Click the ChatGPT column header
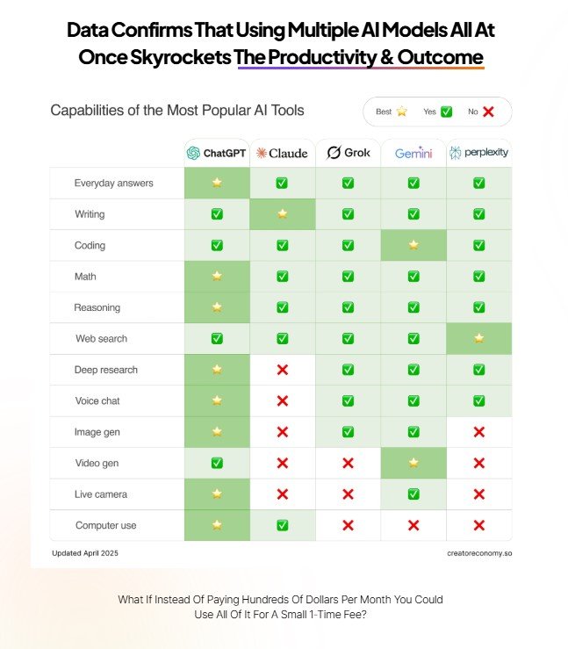[217, 153]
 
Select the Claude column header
[282, 153]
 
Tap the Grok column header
[348, 153]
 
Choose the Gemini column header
[413, 153]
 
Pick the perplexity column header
[478, 153]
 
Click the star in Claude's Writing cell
[282, 214]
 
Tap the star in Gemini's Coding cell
[413, 245]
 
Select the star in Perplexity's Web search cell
[478, 338]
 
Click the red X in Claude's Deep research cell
[282, 370]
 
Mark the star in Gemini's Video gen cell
[413, 463]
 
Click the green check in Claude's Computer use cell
[282, 525]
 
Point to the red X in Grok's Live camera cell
[348, 494]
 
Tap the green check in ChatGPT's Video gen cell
[217, 463]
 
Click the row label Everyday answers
[114, 184]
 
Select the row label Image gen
[97, 432]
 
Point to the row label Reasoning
[97, 307]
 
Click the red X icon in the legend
[488, 112]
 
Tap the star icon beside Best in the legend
[401, 112]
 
